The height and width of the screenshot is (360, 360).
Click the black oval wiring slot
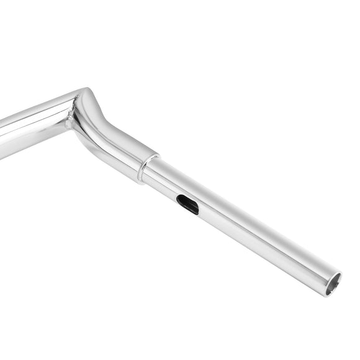[x=187, y=204]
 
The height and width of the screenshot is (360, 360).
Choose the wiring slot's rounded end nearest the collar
[x=179, y=199]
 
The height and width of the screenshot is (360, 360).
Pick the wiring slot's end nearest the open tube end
[x=196, y=210]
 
